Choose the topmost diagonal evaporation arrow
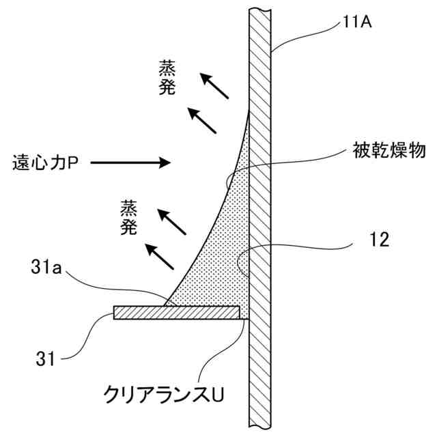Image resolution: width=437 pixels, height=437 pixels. [x=214, y=87]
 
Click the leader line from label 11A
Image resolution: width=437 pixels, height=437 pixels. [x=307, y=38]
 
